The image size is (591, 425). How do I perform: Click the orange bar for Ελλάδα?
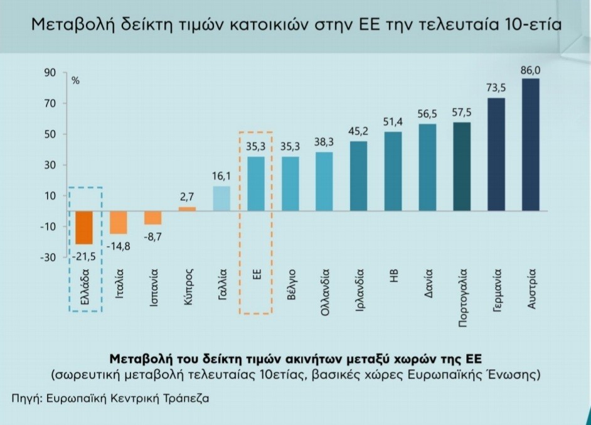84,227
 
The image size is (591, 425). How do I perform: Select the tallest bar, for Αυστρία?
531,144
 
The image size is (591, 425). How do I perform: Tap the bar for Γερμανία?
496,154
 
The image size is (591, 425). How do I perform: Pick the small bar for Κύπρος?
187,209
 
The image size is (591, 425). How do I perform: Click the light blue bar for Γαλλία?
221,198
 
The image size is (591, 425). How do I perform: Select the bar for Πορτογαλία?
462,166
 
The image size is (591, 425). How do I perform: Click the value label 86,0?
531,70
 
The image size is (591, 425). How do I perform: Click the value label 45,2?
358,132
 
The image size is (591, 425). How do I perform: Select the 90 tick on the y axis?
50,73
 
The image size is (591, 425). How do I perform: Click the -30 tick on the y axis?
48,257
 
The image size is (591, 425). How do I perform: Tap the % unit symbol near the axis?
75,82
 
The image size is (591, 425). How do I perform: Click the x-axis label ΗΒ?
394,276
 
